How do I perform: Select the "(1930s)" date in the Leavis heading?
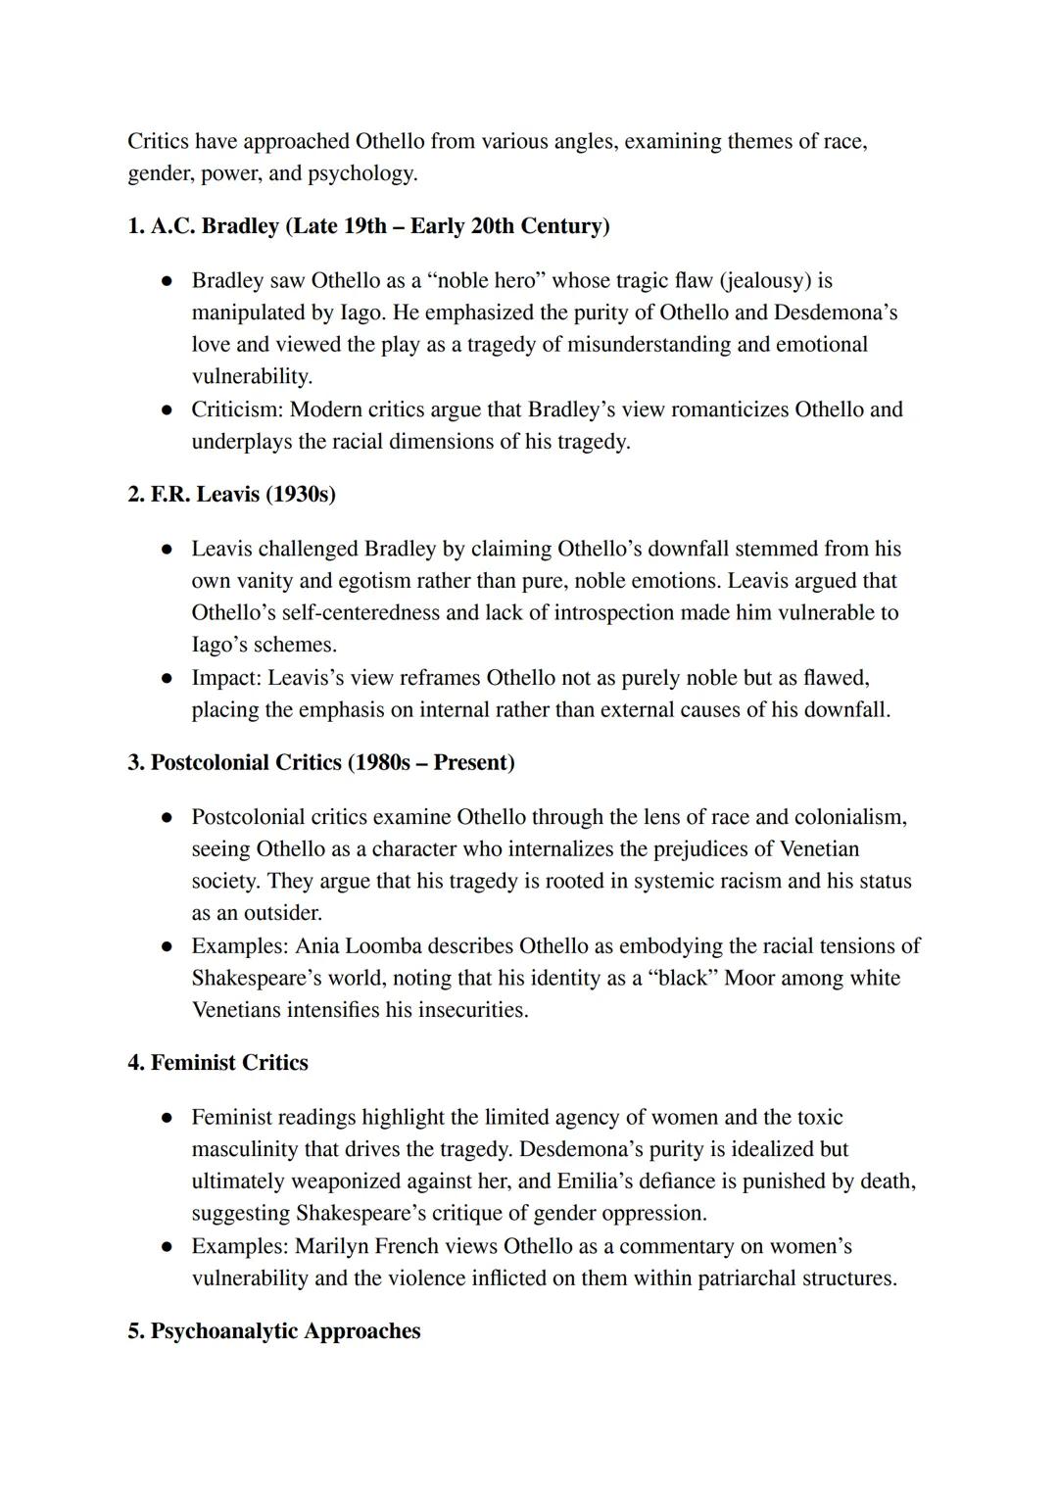click(x=301, y=495)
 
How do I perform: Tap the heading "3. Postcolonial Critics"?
click(x=235, y=763)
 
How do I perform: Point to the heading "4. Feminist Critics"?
click(x=217, y=1063)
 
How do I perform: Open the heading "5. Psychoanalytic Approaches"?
click(x=274, y=1331)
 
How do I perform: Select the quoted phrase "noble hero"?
click(x=485, y=281)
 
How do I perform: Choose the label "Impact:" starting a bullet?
click(x=226, y=678)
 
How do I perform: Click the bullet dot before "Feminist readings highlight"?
click(x=168, y=1118)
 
